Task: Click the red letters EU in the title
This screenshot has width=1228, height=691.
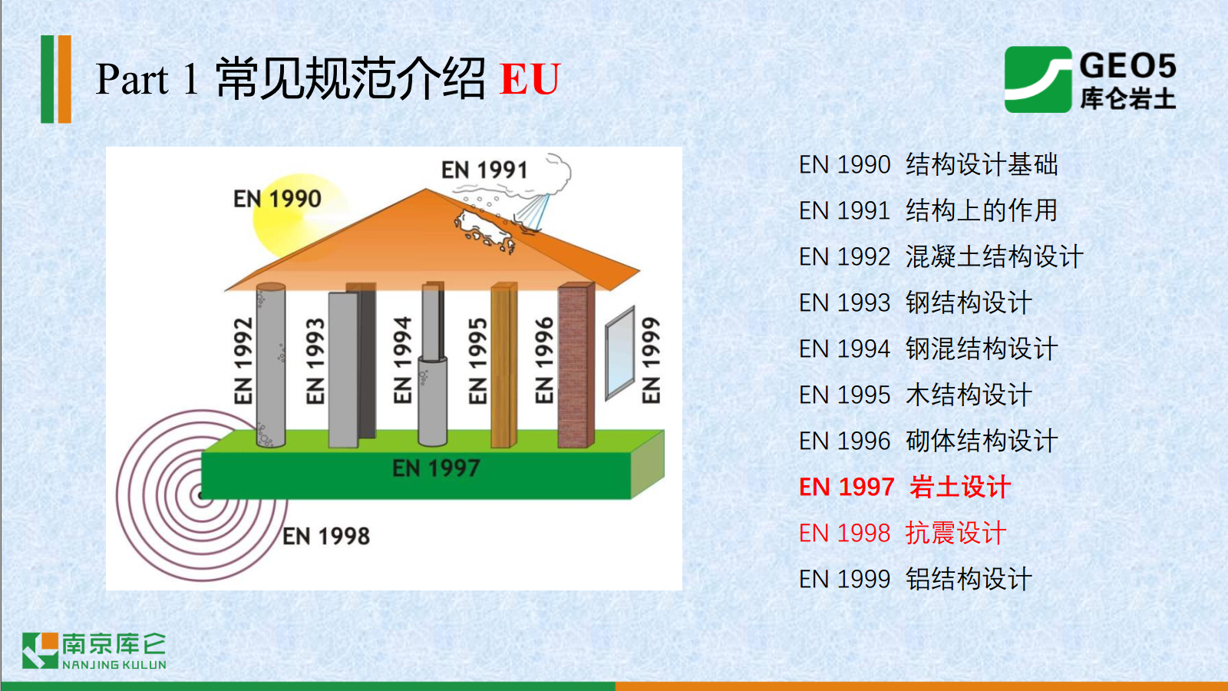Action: (x=530, y=78)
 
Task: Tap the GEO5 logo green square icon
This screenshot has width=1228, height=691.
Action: (x=1038, y=80)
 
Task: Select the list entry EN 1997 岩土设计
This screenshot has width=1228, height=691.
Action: (x=905, y=487)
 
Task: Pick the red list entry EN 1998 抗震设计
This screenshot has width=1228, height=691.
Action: (x=903, y=533)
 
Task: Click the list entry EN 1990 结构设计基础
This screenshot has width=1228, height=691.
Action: (x=928, y=164)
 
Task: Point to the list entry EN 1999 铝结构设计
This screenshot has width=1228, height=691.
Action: (x=916, y=579)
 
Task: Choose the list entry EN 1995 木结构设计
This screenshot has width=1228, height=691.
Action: (x=916, y=395)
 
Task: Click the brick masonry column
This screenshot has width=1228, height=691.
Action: (x=576, y=365)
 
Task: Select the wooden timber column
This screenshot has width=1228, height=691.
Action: (x=503, y=365)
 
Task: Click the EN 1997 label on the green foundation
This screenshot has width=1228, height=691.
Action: (x=437, y=468)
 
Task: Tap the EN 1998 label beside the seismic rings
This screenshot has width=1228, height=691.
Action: (x=326, y=536)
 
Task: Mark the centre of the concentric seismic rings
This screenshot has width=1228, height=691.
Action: (x=202, y=496)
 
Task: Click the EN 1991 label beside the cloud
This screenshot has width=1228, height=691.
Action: (x=484, y=170)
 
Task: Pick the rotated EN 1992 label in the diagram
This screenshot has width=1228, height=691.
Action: (x=243, y=360)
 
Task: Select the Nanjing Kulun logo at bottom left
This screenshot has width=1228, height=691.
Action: (x=94, y=651)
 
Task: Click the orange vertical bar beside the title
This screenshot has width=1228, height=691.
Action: (x=64, y=79)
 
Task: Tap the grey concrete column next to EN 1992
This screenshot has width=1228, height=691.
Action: (x=271, y=365)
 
